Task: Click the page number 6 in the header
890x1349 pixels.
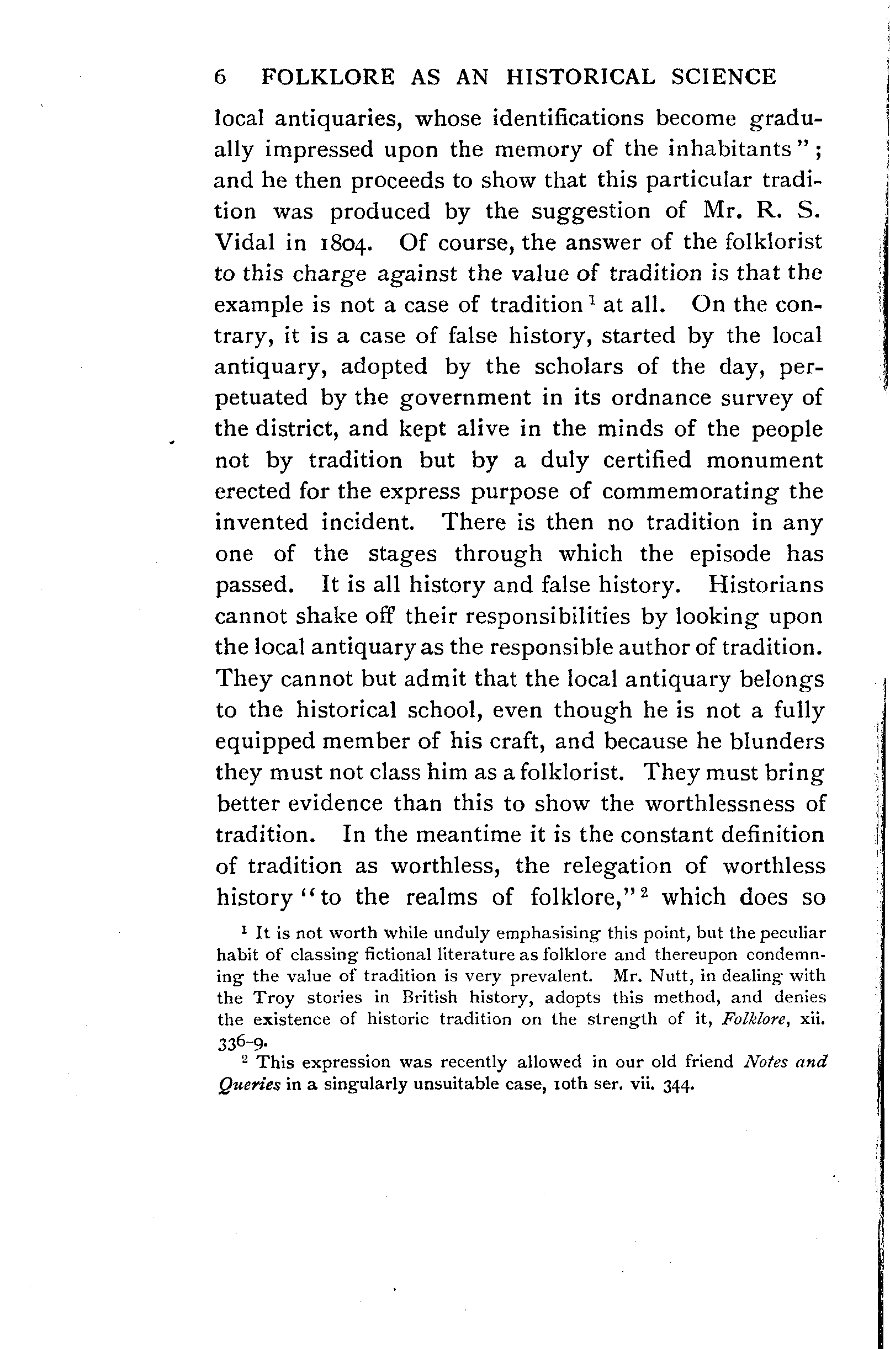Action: click(221, 77)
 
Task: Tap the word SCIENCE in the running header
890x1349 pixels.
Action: click(723, 77)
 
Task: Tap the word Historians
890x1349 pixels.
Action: click(766, 585)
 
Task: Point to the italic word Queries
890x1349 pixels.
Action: click(249, 1085)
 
